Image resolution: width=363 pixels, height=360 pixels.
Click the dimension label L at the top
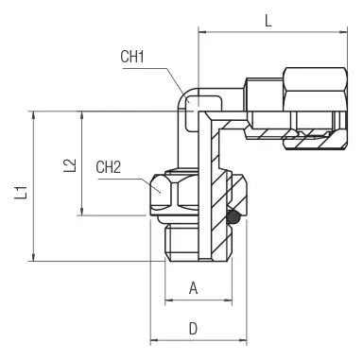click(x=268, y=21)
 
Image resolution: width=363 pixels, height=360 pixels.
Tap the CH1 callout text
click(x=132, y=57)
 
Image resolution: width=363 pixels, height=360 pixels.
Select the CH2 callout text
click(x=109, y=167)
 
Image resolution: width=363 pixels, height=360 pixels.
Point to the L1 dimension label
click(x=22, y=193)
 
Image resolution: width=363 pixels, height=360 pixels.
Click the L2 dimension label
click(x=70, y=165)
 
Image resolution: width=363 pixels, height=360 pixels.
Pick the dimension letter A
click(x=193, y=288)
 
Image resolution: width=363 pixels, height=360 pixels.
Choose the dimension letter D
click(x=193, y=329)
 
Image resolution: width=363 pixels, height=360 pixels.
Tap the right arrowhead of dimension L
click(x=343, y=32)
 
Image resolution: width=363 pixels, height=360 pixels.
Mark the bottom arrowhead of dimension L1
click(x=33, y=257)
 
